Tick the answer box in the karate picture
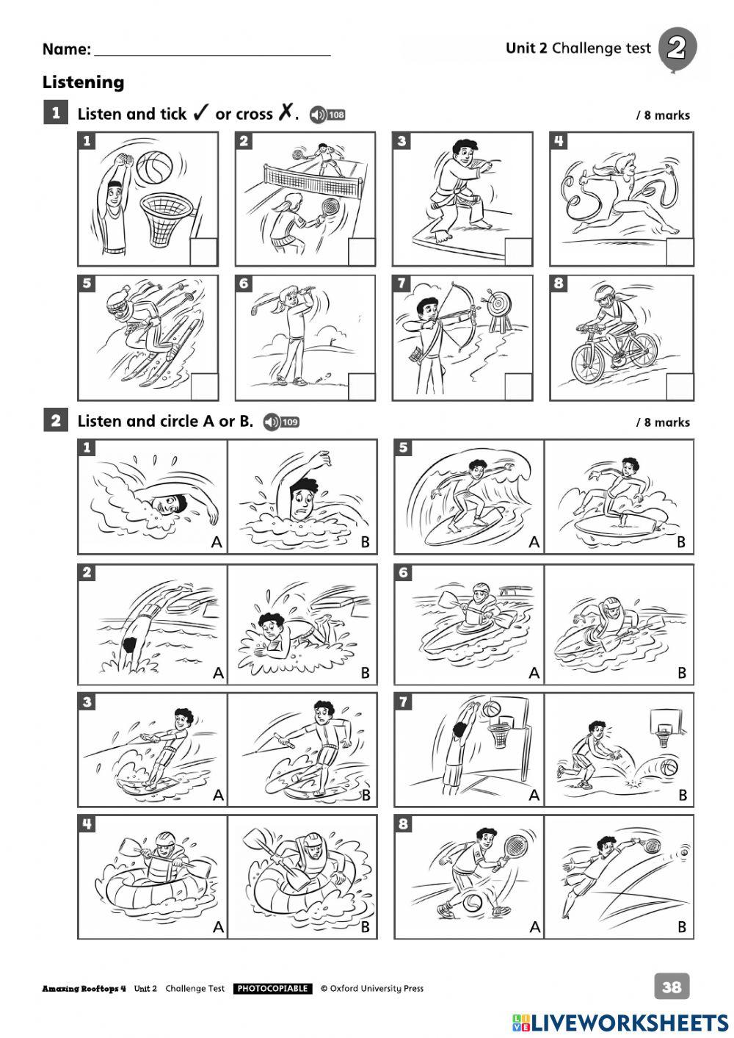(x=518, y=252)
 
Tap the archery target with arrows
(x=497, y=303)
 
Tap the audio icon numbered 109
(x=282, y=422)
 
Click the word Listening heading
(x=84, y=82)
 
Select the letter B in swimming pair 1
(x=365, y=541)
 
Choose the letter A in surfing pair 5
(x=534, y=541)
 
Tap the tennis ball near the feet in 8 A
(x=473, y=903)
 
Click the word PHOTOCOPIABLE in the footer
(x=273, y=989)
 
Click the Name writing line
(x=213, y=55)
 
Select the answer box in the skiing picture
(x=204, y=386)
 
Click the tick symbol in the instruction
(x=199, y=113)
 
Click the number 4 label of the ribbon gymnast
(x=559, y=140)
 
